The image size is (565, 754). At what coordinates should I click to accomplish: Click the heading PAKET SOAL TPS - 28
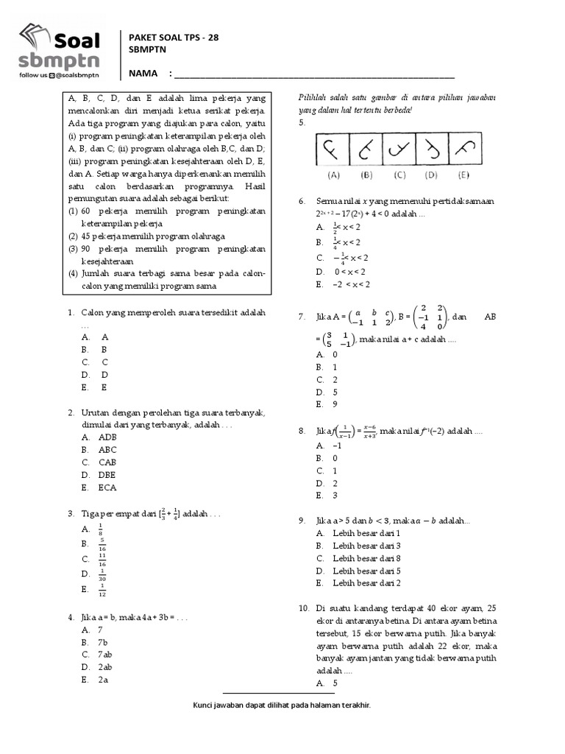174,38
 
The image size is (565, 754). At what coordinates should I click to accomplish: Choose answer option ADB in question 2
107,437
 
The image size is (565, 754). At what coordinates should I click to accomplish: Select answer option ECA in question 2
107,487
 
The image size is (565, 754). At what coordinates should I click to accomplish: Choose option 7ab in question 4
104,654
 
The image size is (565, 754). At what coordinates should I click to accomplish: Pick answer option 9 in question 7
335,404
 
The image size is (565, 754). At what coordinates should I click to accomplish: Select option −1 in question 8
337,445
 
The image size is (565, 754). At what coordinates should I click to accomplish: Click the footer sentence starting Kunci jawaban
282,705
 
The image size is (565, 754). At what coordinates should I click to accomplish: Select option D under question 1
104,374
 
